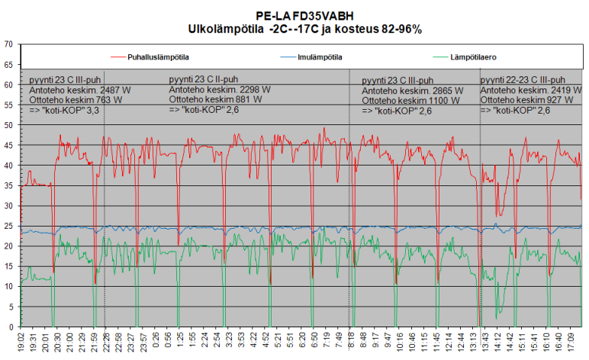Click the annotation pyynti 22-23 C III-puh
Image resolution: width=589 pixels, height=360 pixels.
coord(523,79)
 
